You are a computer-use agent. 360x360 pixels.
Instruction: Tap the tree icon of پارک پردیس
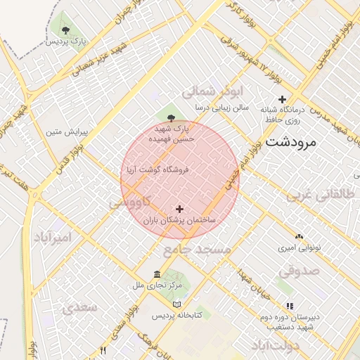coord(65,30)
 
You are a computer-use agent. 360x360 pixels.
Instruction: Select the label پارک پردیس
coord(66,41)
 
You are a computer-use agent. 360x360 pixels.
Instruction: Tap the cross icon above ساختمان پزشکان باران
coord(180,209)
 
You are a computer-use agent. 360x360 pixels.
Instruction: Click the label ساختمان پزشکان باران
coord(180,220)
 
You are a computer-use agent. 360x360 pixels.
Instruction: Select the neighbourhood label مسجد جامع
coord(198,249)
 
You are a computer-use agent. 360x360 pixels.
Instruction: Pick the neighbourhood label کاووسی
coord(127,202)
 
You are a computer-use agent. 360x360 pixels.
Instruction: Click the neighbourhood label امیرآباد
coord(52,236)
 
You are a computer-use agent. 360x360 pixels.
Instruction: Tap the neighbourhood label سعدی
coord(78,307)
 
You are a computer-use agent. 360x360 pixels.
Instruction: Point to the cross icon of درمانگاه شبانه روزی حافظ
coord(283,99)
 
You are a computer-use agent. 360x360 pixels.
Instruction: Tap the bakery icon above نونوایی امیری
coord(300,237)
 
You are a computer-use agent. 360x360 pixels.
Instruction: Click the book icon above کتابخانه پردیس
coord(176,304)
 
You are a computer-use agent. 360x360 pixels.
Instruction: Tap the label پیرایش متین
coord(65,131)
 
